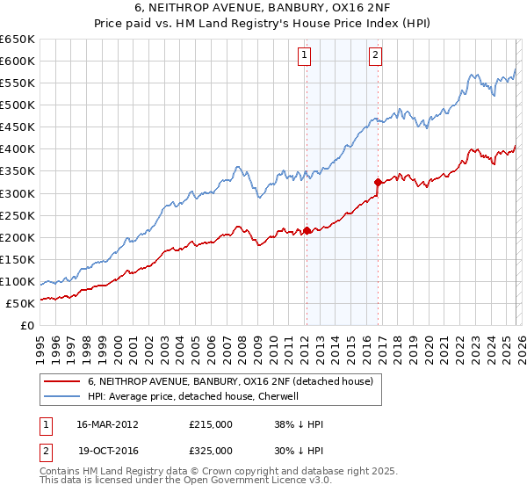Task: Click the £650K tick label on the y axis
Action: (x=18, y=40)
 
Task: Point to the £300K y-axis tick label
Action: (x=18, y=193)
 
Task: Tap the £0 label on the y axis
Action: (x=28, y=325)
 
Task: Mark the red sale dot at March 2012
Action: (x=307, y=230)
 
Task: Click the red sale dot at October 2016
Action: (x=378, y=182)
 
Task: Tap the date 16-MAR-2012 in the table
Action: (x=107, y=423)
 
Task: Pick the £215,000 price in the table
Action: (x=211, y=423)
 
